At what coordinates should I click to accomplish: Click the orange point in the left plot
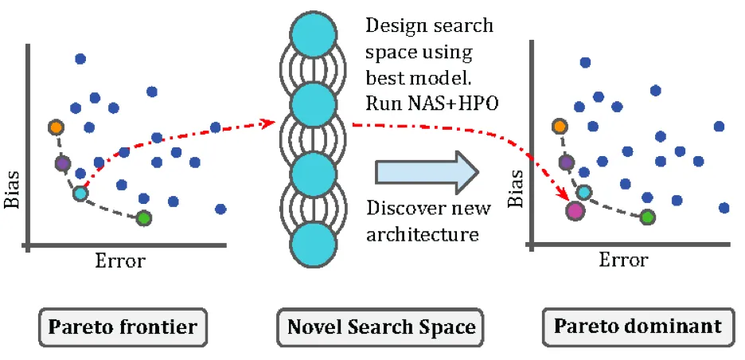tap(55, 127)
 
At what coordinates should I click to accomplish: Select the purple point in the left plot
tap(62, 162)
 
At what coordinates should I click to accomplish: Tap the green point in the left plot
tap(143, 217)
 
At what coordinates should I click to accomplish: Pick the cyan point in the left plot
tap(80, 193)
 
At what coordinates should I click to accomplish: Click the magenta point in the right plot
tap(575, 210)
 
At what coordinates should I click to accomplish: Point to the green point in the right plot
tap(648, 216)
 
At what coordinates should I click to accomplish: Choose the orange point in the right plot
tap(560, 126)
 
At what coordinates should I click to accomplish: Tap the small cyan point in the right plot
tap(584, 192)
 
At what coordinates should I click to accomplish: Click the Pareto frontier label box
tap(123, 327)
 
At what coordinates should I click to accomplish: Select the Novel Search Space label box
tap(381, 327)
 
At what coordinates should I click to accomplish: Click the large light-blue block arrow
tap(427, 171)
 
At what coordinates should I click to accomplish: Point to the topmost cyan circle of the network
tap(312, 37)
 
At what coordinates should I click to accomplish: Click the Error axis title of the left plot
tap(121, 260)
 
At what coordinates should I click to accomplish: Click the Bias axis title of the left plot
tap(12, 191)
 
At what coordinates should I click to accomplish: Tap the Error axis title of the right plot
tap(624, 260)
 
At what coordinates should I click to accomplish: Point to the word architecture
tap(422, 235)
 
